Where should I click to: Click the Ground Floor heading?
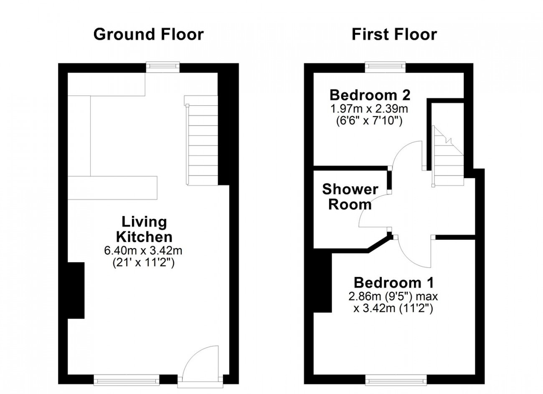pos(148,34)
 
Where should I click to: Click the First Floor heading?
pos(394,34)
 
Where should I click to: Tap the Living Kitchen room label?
pos(144,229)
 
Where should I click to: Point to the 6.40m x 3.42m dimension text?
pos(143,251)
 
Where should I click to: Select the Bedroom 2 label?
pos(370,95)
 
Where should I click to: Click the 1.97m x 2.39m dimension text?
pos(369,109)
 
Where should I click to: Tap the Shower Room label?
pos(350,197)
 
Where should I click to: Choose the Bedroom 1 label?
pos(394,283)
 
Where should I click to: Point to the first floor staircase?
pos(448,156)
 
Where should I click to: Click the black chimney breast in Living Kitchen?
pos(76,291)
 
